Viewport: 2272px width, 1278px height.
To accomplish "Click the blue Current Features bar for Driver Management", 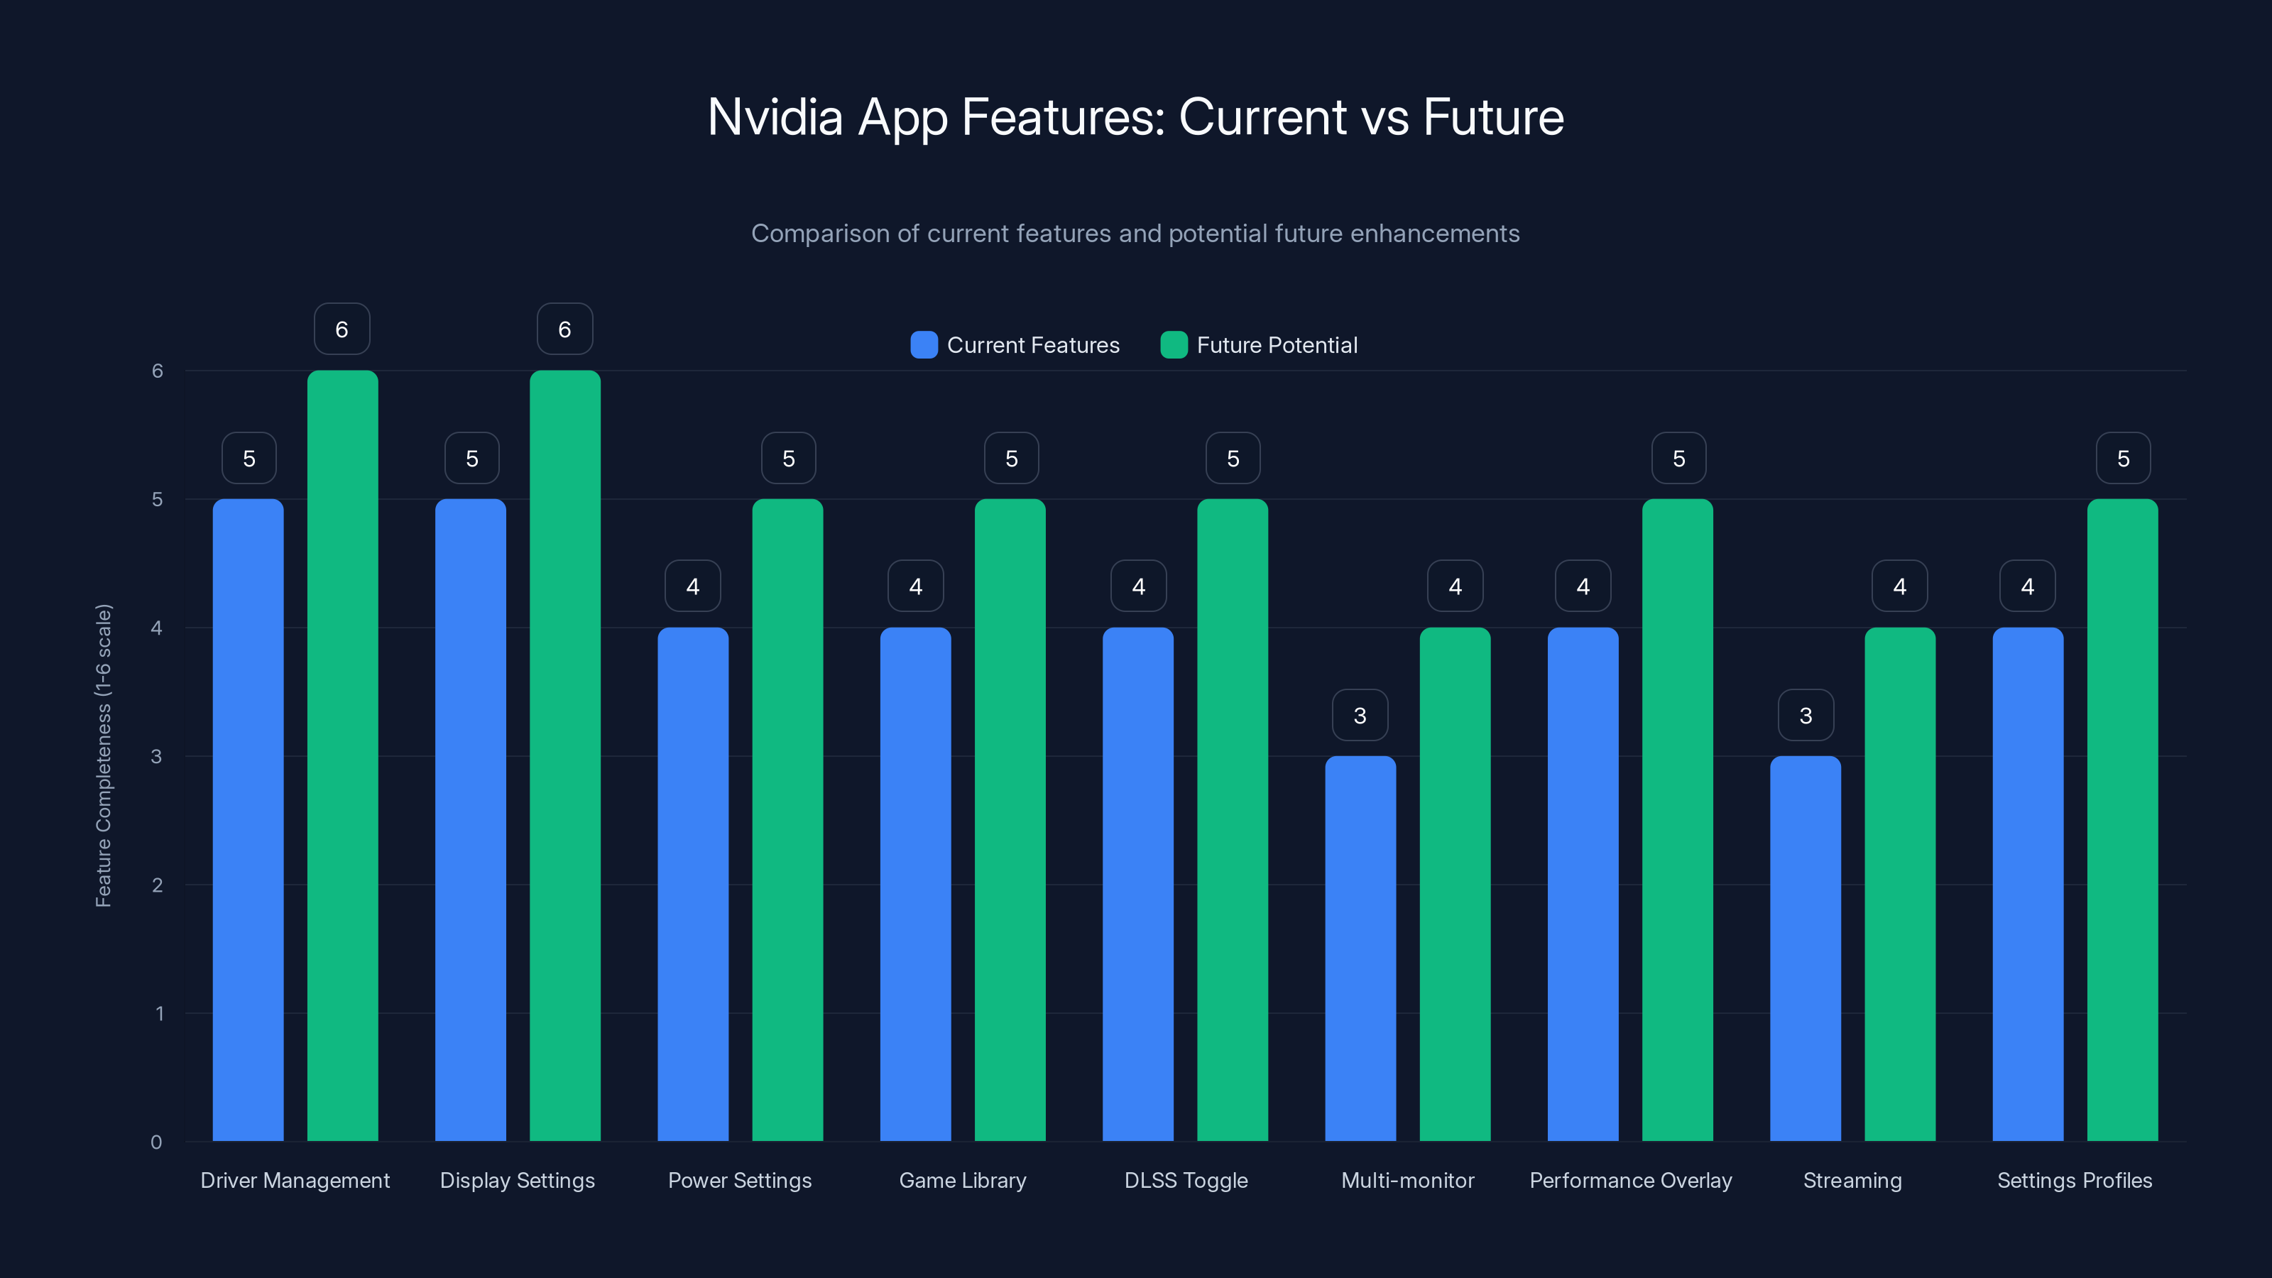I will tap(248, 820).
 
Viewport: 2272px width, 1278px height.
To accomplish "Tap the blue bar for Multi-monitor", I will tap(1360, 948).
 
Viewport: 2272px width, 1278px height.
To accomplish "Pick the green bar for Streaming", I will tap(1900, 884).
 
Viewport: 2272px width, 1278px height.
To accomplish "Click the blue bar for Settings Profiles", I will tap(2028, 884).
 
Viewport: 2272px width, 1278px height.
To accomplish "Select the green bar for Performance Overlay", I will tap(1678, 820).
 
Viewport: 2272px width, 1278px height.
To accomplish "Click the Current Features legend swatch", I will tap(924, 345).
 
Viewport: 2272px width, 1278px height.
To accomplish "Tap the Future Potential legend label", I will tap(1277, 345).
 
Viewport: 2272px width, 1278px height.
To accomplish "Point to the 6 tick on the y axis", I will tap(157, 371).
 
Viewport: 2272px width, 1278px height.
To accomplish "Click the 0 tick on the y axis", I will tap(156, 1142).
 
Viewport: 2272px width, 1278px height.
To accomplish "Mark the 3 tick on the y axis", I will tap(156, 756).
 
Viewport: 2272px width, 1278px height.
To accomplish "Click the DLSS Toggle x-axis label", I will tap(1186, 1180).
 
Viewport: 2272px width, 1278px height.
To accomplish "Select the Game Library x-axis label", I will tap(962, 1180).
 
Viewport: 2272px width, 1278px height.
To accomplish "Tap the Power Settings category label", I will tap(739, 1180).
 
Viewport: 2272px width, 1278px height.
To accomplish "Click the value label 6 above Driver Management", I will tap(342, 329).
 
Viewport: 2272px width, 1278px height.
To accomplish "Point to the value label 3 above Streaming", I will tap(1806, 715).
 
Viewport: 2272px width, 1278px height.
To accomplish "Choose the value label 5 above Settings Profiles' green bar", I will tap(2123, 459).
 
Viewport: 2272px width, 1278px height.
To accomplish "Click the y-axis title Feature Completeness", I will tap(103, 756).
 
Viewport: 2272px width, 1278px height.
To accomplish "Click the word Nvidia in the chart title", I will tap(775, 117).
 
